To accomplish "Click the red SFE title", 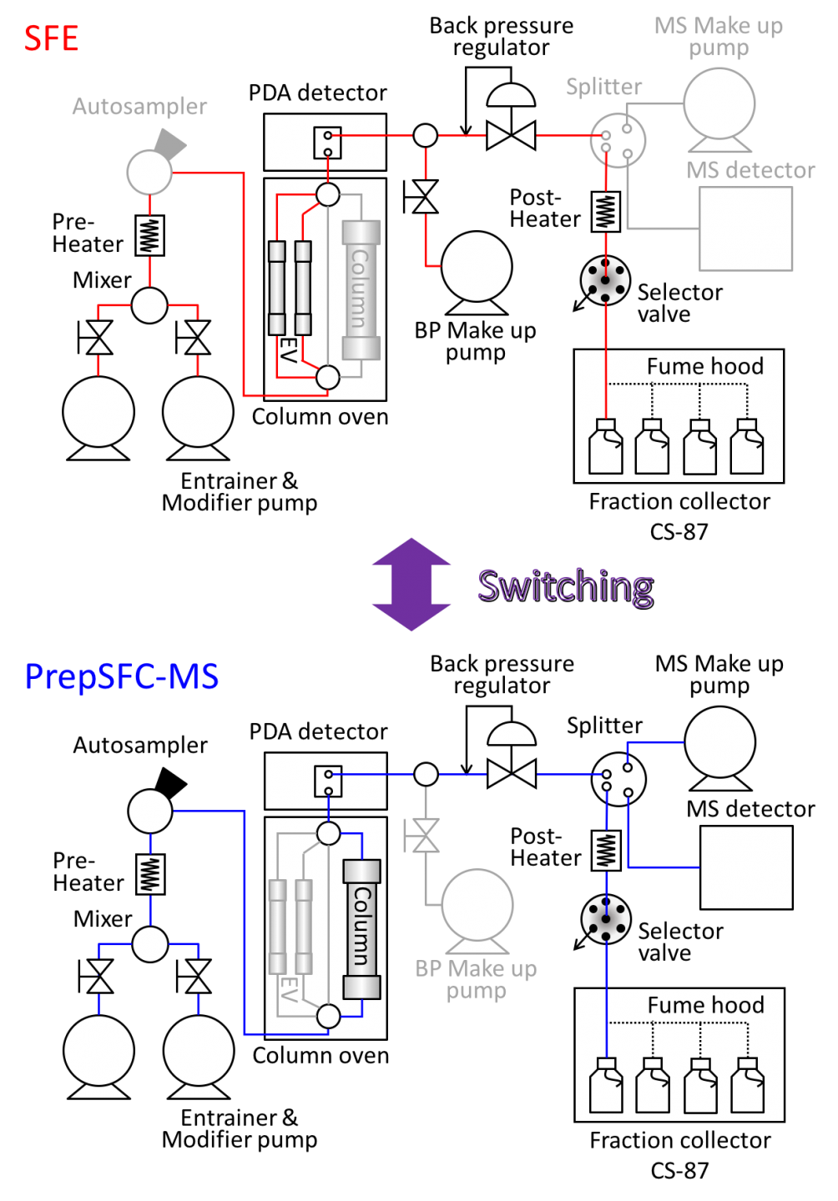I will coord(51,39).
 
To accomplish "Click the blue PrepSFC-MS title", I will coord(122,676).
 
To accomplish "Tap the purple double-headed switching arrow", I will coord(411,585).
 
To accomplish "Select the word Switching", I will coord(564,585).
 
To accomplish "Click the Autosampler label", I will coord(139,107).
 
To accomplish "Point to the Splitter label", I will coord(603,87).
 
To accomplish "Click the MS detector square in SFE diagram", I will coord(745,229).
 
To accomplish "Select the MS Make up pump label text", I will coord(719,37).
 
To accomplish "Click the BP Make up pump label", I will coord(476,979).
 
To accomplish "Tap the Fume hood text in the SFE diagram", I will coord(704,366).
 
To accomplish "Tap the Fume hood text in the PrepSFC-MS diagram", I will coord(705,1005).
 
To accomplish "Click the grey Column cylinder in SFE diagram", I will coord(361,289).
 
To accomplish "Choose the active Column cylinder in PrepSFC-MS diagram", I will coord(361,929).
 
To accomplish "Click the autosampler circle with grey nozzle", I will coord(150,171).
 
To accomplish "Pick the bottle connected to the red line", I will coord(606,448).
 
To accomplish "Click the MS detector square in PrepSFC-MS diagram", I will coord(745,867).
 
